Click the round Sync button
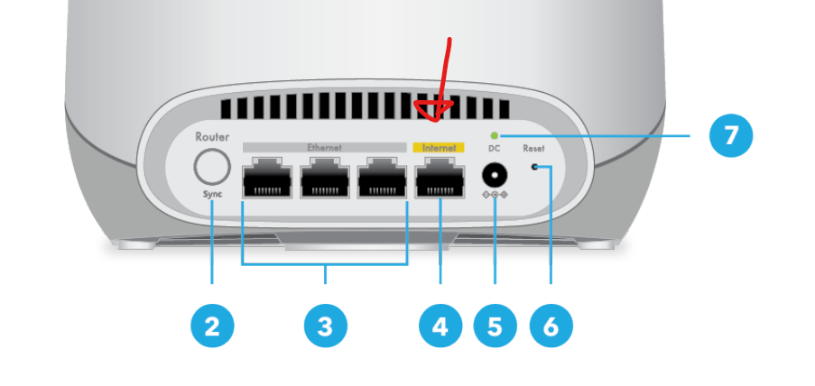212,167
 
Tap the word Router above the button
212,137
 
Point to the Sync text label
212,194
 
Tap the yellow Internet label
439,148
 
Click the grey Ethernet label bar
324,148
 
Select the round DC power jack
495,175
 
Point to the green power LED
495,135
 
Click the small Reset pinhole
533,167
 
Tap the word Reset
533,149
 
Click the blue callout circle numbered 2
212,326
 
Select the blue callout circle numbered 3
326,326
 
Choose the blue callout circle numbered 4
440,326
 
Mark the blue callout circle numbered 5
495,326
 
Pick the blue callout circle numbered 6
551,326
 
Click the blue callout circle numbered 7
731,135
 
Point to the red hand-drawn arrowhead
434,110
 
